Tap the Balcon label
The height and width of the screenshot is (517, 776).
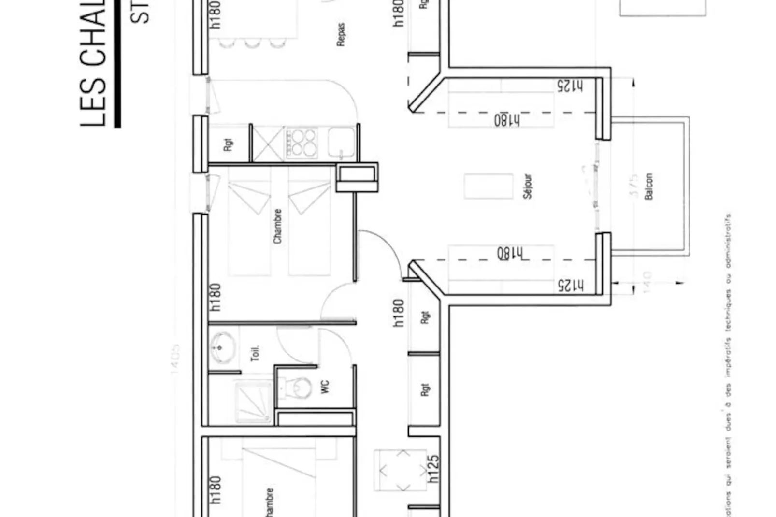649,187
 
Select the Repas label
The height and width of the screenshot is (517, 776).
341,35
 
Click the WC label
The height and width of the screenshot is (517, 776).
325,387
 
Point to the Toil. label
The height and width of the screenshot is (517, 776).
255,353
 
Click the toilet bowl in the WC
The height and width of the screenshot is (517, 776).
299,387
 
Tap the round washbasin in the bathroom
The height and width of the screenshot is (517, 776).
223,347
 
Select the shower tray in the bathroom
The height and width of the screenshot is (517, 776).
254,402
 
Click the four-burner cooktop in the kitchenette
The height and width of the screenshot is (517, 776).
302,143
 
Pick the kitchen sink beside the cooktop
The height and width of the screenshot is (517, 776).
341,143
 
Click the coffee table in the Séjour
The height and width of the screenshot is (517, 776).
488,187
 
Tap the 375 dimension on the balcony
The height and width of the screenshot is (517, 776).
634,187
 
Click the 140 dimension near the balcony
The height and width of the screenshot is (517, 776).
648,282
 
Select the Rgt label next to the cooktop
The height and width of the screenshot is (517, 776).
229,144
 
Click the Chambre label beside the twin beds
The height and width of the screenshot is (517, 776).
277,226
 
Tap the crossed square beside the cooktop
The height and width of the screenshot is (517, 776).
269,144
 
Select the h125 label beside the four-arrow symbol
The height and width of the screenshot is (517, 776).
433,468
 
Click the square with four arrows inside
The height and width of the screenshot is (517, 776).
400,470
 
